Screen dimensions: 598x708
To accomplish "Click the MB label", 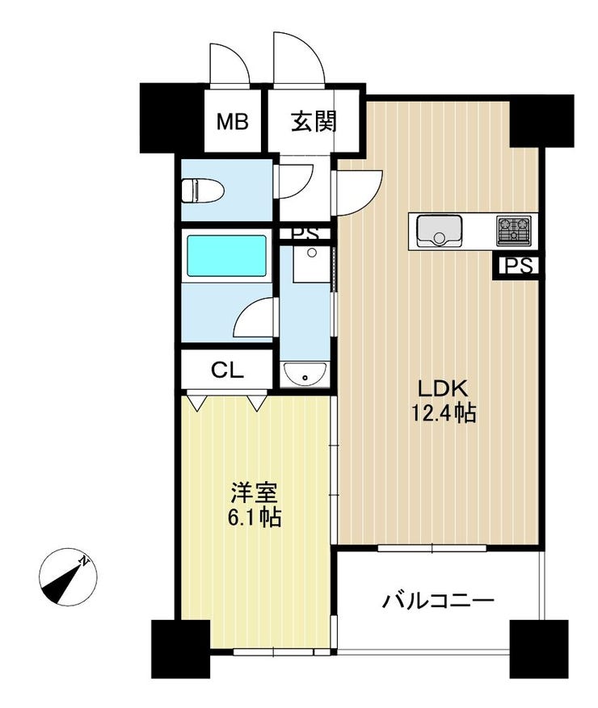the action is [x=232, y=121].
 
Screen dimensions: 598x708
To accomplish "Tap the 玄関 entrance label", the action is [x=314, y=121].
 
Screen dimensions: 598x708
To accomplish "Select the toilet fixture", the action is [x=203, y=191].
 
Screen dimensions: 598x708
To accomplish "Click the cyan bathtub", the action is [x=226, y=255].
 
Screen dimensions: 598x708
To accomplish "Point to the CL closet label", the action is [x=227, y=371].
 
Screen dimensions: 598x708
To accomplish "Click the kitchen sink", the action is [x=439, y=230].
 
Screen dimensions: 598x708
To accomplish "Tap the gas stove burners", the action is [x=513, y=230].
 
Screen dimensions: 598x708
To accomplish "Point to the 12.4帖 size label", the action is [x=443, y=413].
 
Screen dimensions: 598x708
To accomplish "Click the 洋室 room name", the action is [x=254, y=492].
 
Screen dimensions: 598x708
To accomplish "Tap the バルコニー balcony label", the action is [x=437, y=601].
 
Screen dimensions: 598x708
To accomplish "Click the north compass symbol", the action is [x=68, y=577].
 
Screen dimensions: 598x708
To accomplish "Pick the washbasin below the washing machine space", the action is [x=304, y=374].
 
